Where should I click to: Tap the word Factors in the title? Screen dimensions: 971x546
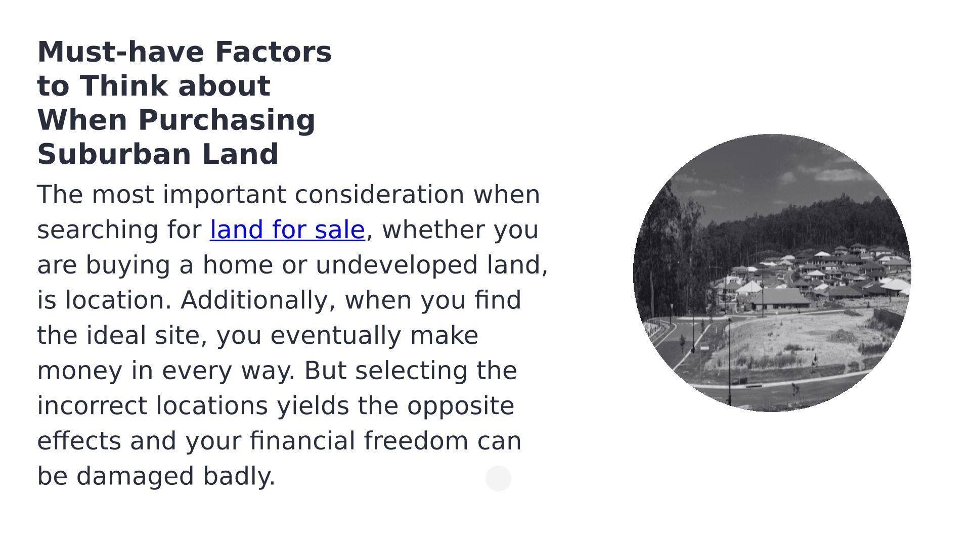click(273, 52)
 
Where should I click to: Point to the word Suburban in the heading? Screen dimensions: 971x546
click(114, 154)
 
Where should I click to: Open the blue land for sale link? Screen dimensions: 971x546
click(287, 230)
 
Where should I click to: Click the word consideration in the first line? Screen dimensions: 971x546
click(379, 195)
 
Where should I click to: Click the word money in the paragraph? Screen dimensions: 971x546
click(80, 371)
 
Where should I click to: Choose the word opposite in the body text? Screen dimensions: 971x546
click(461, 406)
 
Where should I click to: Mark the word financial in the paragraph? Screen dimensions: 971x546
click(302, 441)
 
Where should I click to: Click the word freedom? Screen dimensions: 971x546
click(416, 441)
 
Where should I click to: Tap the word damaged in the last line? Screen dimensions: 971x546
click(135, 477)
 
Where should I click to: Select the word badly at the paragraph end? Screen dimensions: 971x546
click(239, 477)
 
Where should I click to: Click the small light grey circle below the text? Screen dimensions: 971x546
click(498, 478)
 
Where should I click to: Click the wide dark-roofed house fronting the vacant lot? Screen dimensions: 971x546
click(781, 299)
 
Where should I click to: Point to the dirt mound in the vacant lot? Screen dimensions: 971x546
click(842, 336)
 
